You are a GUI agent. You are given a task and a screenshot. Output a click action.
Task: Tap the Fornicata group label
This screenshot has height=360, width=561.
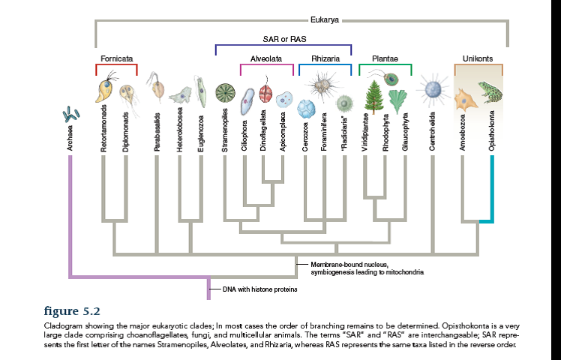pyautogui.click(x=116, y=58)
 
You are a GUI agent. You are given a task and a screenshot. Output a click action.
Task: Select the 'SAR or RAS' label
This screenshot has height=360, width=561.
pyautogui.click(x=283, y=39)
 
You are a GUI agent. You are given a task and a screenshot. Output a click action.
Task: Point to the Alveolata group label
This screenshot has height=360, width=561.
pyautogui.click(x=266, y=58)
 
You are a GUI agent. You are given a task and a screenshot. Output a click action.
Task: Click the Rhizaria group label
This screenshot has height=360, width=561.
pyautogui.click(x=325, y=58)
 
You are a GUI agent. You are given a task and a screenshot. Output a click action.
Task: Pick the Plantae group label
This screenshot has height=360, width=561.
pyautogui.click(x=385, y=58)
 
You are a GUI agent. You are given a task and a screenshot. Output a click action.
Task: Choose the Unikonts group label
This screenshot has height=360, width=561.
pyautogui.click(x=478, y=58)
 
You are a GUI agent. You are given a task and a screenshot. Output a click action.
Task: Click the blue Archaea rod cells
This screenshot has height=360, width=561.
pyautogui.click(x=71, y=114)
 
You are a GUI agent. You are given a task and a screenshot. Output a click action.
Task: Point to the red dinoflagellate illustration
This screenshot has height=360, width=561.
pyautogui.click(x=265, y=94)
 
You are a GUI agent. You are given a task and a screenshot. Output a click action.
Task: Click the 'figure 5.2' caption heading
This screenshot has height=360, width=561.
pyautogui.click(x=72, y=310)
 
